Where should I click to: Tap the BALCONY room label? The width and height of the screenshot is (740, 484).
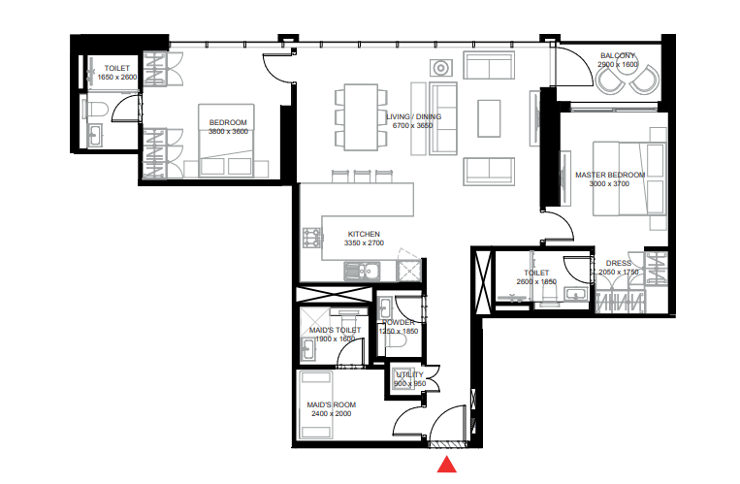[x=618, y=55]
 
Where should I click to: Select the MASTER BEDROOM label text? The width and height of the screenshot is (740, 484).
[x=609, y=176]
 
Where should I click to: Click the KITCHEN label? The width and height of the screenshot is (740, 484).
[x=364, y=234]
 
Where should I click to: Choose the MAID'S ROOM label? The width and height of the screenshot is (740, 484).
[x=332, y=403]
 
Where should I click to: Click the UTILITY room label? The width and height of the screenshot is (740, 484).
[x=409, y=374]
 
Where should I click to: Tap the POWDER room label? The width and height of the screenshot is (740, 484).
[x=398, y=322]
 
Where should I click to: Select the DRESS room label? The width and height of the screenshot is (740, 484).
[x=618, y=263]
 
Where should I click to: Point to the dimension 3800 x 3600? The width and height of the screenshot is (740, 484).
[x=229, y=131]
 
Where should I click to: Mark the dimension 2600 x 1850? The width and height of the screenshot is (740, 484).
[x=536, y=281]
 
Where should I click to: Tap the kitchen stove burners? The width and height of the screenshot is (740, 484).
[x=312, y=238]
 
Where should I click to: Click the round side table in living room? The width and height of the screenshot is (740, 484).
[x=440, y=68]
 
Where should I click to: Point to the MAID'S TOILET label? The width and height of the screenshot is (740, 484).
[x=335, y=330]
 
